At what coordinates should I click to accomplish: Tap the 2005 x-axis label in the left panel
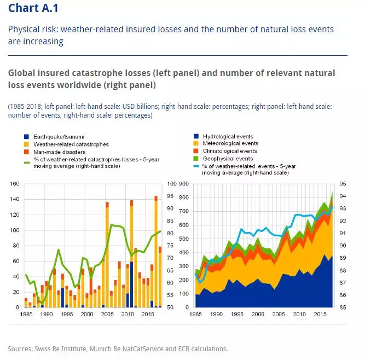pyautogui.click(x=107, y=315)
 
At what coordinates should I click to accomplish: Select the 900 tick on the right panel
pyautogui.click(x=183, y=184)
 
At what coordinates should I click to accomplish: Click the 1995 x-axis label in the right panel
pyautogui.click(x=237, y=315)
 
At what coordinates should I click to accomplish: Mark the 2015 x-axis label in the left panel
pyautogui.click(x=148, y=315)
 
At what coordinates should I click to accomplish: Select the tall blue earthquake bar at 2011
pyautogui.click(x=132, y=284)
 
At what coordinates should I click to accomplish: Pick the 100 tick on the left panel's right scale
pyautogui.click(x=172, y=184)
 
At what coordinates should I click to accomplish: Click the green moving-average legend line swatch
pyautogui.click(x=27, y=160)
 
